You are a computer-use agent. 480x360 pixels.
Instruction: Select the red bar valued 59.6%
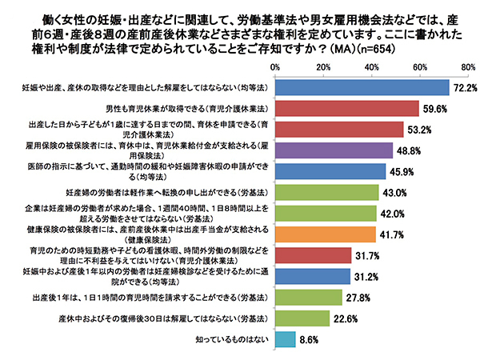pos(347,108)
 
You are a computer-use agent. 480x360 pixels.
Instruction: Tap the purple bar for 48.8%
pos(334,150)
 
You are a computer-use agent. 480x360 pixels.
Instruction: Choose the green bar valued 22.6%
pos(302,318)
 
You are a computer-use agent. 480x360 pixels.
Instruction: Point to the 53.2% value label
pos(421,129)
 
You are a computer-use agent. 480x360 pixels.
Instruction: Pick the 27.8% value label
pos(359,297)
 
